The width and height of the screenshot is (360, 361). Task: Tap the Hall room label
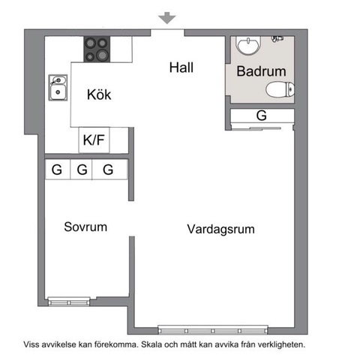click(181, 68)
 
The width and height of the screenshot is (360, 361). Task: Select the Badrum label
click(261, 72)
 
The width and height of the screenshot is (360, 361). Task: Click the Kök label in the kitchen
click(100, 95)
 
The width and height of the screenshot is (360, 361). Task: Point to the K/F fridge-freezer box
click(94, 140)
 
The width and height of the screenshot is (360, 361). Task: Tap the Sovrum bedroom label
click(85, 227)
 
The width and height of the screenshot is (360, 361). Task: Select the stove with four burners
click(96, 49)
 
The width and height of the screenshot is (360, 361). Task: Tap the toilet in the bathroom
click(279, 91)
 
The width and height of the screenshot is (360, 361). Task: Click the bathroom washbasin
click(247, 46)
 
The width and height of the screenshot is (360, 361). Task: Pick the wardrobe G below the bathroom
click(261, 116)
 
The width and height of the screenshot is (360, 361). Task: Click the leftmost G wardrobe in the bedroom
click(56, 170)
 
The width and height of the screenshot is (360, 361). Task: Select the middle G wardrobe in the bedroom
click(82, 170)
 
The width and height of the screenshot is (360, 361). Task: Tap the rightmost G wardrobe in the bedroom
click(109, 170)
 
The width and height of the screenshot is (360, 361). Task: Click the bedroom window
click(67, 302)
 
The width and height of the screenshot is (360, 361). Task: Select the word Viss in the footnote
click(32, 345)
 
